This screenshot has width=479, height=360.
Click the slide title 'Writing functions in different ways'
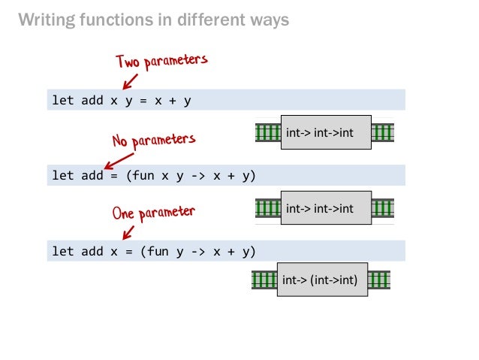coord(153,20)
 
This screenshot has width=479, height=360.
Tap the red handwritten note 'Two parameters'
coord(161,61)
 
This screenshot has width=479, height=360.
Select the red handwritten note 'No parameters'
coord(153,140)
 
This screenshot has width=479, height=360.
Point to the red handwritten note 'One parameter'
coord(153,213)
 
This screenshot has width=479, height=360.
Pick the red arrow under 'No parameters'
coord(115,159)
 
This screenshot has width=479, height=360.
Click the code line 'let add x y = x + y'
coord(122,100)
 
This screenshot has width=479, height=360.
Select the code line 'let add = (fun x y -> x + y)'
coord(154,176)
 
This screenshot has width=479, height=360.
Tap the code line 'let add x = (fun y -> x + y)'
coord(154,251)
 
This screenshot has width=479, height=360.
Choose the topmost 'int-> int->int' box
coord(326,133)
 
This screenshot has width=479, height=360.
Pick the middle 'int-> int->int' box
coord(326,208)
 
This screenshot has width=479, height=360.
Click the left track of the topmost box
coord(268,133)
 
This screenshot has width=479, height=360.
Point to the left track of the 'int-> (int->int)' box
coord(264,280)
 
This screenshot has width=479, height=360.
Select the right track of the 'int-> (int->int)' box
coord(379,280)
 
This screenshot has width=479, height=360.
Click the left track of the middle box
coord(268,208)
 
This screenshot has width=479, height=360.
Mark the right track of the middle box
coord(383,208)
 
